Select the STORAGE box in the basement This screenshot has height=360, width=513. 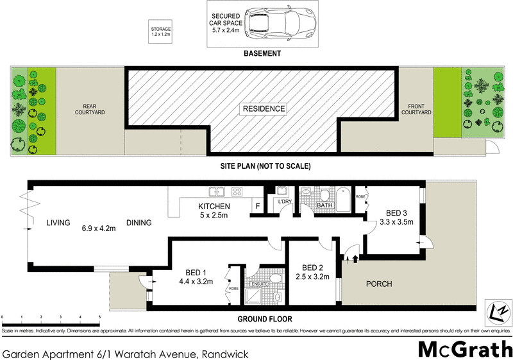(x=161, y=30)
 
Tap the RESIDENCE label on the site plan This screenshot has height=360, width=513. (x=263, y=108)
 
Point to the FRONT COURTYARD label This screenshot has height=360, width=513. (x=416, y=110)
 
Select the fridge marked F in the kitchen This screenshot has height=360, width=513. (x=258, y=207)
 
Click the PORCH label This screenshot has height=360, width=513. (x=378, y=283)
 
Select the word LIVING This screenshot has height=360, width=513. (x=58, y=223)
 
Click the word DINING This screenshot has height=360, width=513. (x=139, y=223)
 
